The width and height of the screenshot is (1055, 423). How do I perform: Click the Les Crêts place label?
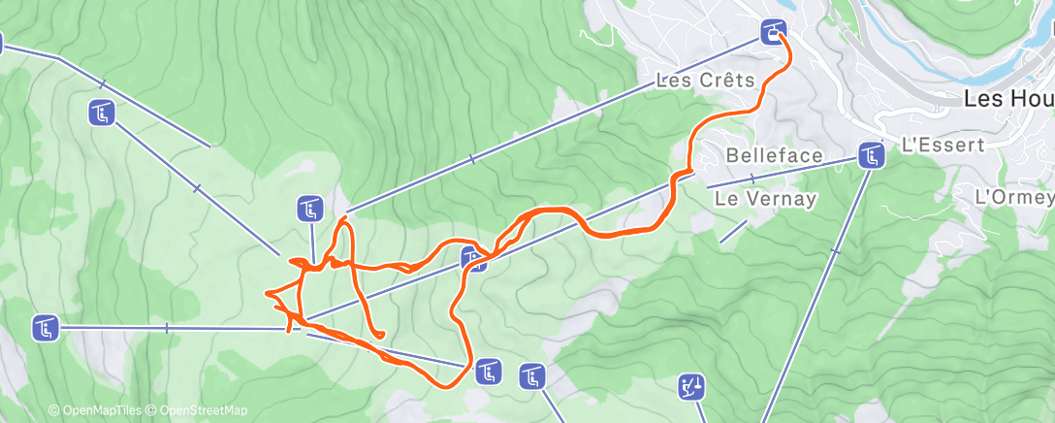pos(705,81)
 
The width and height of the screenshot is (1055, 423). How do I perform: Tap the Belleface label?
pos(775,155)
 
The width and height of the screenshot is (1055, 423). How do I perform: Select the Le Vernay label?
pos(765,198)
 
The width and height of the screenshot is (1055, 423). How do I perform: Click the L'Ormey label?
pos(1013,196)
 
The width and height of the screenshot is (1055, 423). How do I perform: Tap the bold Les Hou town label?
pos(1007,98)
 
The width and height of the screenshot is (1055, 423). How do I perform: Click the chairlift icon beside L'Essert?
pos(871,155)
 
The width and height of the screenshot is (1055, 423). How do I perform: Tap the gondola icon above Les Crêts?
pos(773,32)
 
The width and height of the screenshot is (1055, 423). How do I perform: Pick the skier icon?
pos(691,388)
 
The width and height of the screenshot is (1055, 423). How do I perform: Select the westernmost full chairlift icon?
pos(45,329)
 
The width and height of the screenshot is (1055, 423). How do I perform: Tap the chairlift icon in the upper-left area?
pos(103,114)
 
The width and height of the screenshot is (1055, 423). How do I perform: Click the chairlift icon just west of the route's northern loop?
pos(309,208)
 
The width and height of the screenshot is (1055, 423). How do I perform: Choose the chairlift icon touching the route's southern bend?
pos(487,371)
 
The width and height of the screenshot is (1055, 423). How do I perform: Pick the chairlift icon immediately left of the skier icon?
pos(532,375)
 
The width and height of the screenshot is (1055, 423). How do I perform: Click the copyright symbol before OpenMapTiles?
pos(53,410)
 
